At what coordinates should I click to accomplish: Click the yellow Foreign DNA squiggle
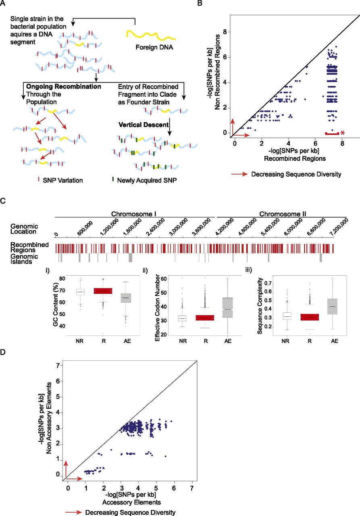(x=150, y=36)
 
